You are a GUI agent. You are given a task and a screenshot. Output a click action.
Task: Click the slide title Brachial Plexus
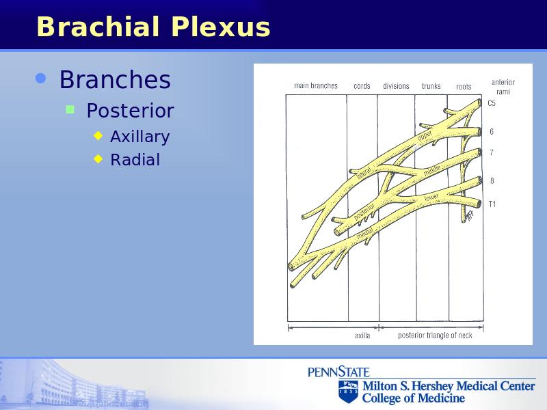153,27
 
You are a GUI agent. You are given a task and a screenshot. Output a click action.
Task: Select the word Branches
115,79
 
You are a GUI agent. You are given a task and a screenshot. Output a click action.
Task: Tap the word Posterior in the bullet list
130,111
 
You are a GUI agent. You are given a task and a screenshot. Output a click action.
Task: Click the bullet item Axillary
140,137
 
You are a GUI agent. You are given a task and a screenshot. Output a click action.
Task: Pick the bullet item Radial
135,160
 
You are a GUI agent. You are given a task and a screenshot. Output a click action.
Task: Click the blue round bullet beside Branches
41,79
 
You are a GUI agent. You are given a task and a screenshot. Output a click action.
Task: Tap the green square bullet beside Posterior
70,110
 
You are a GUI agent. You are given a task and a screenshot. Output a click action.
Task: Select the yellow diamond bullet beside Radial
98,159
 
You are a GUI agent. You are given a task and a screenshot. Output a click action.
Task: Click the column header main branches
316,86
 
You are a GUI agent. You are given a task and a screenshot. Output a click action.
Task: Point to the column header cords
362,86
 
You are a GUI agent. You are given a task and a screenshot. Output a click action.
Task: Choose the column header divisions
396,86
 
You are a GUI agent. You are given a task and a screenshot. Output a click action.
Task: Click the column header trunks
431,86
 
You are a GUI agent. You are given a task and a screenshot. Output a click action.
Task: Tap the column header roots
464,87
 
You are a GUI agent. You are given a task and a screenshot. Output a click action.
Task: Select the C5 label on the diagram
492,103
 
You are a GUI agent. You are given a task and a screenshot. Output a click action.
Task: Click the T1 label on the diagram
492,204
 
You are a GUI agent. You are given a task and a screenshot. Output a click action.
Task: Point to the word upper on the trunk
425,135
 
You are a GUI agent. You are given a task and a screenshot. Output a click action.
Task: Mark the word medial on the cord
365,233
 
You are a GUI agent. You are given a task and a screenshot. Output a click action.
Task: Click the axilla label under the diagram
362,336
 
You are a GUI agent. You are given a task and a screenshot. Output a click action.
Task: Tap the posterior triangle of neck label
435,336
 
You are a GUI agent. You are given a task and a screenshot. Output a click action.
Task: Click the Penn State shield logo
348,391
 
